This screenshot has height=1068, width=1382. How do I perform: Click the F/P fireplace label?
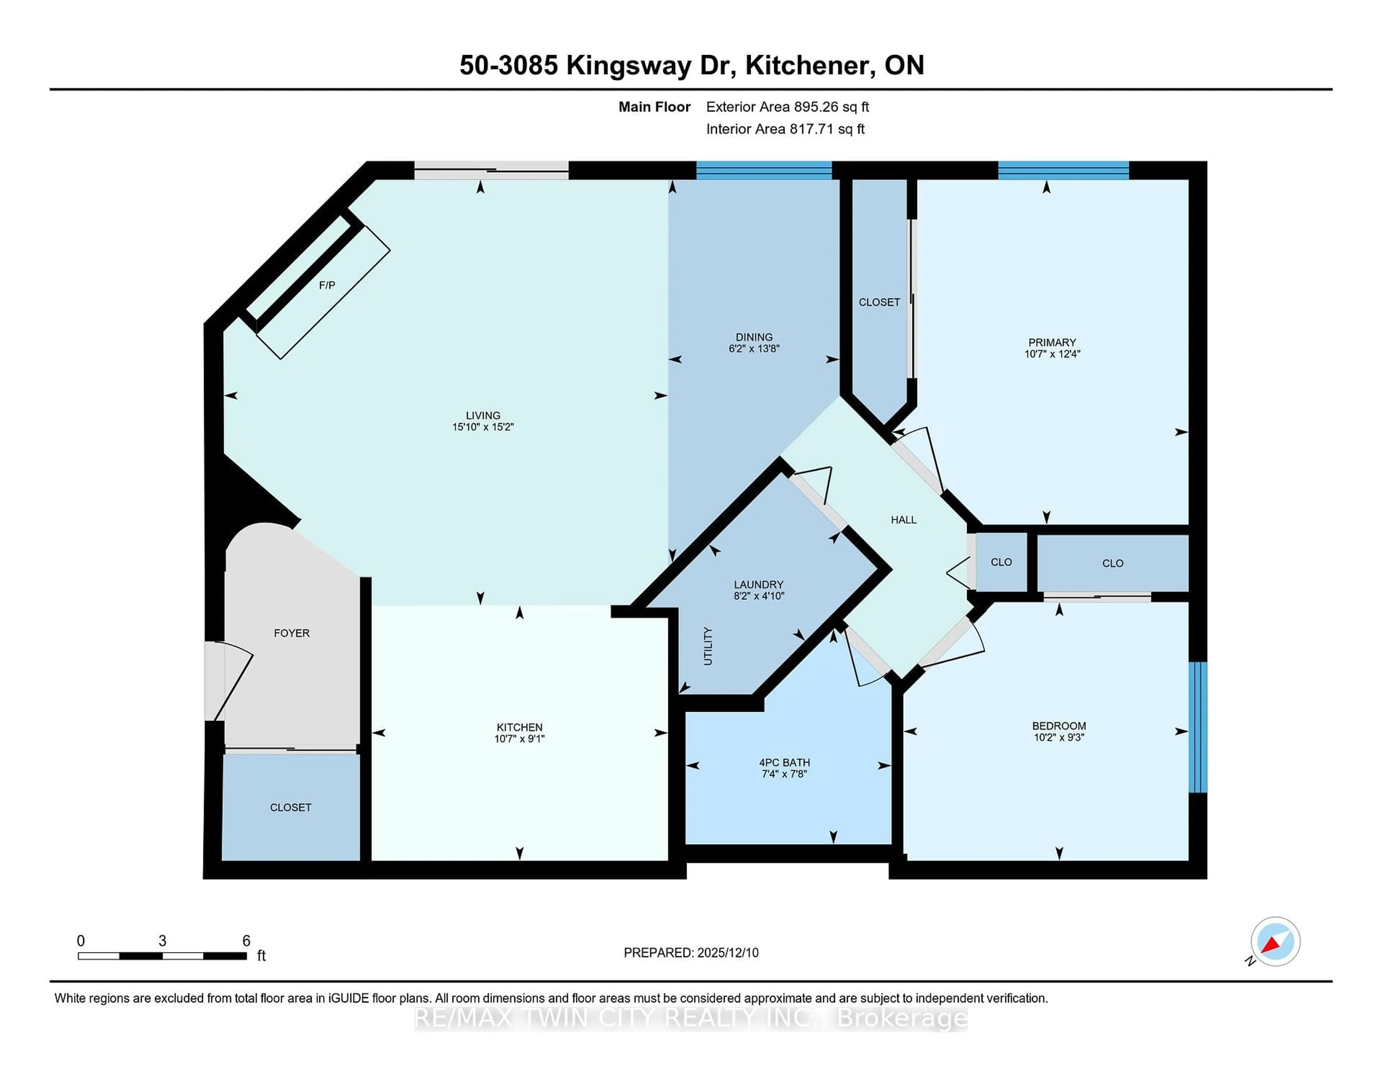(326, 285)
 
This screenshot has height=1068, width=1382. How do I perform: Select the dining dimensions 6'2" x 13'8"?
(754, 349)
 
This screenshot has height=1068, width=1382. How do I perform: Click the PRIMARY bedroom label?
(1052, 342)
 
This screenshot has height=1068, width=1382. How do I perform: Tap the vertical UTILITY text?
(708, 646)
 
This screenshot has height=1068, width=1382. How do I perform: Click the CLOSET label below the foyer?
(290, 807)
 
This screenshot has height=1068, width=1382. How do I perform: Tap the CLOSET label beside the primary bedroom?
(879, 302)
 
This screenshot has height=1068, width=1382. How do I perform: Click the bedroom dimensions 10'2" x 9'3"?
(1059, 737)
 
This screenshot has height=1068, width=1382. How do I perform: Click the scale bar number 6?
(246, 941)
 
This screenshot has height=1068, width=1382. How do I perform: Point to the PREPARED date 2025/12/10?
(691, 953)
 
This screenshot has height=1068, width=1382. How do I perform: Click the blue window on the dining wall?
(764, 171)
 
